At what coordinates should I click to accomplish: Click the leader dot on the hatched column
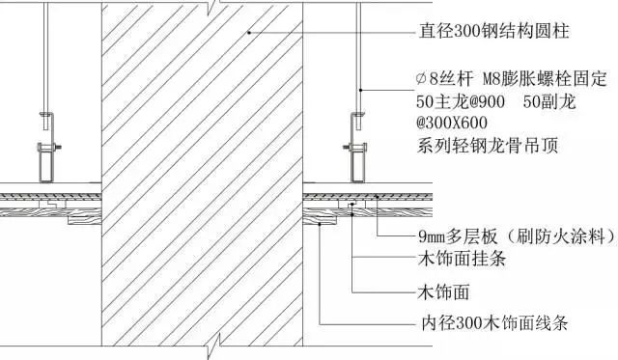tap(248, 32)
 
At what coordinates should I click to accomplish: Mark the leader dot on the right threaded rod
tap(360, 88)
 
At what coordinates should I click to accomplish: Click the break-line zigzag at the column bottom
tap(221, 346)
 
